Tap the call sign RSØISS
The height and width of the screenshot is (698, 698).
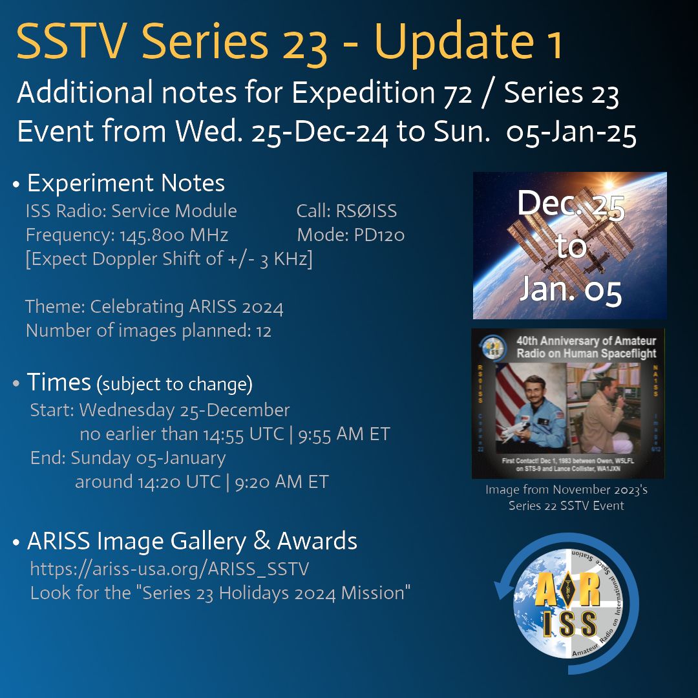tap(366, 211)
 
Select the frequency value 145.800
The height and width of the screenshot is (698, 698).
tap(151, 235)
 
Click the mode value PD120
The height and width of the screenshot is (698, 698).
tap(377, 235)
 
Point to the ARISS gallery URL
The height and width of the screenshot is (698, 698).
tap(169, 569)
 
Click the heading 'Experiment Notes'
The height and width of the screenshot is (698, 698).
tap(125, 184)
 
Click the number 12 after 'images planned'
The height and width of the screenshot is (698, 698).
tap(262, 331)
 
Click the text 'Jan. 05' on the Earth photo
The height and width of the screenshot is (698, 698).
tap(570, 291)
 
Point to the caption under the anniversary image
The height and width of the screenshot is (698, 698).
tap(566, 498)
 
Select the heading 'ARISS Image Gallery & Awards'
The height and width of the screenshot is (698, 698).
tap(192, 541)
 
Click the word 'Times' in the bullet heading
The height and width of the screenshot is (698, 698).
tap(59, 383)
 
